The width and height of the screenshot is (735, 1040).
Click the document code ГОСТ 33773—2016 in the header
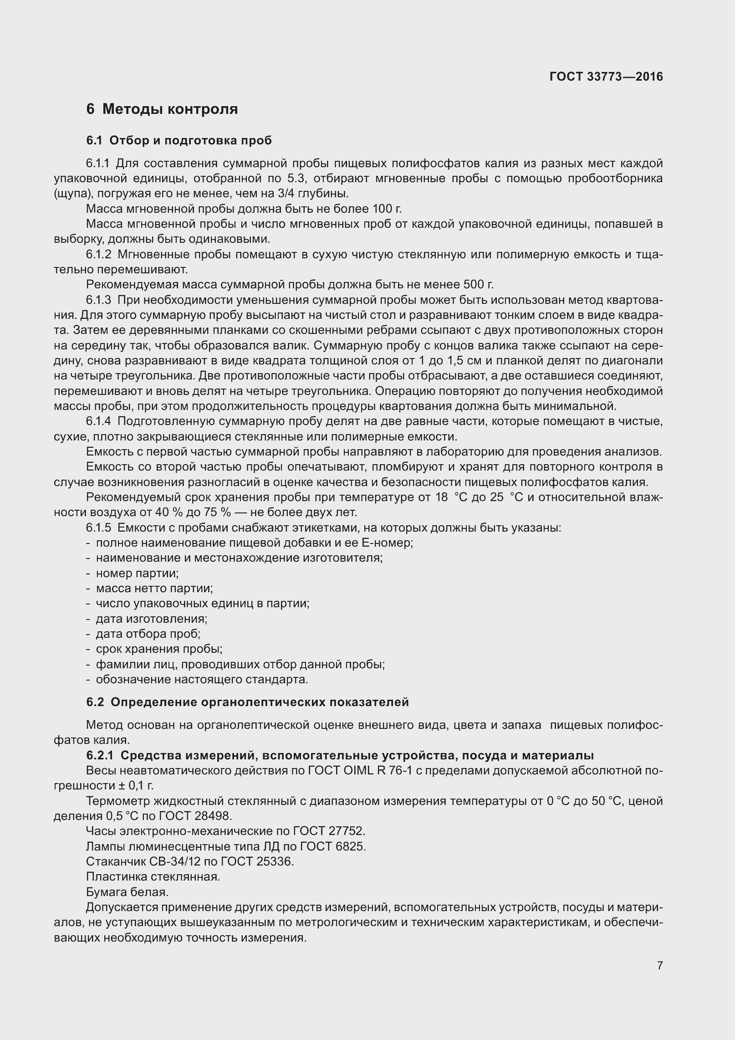pyautogui.click(x=606, y=77)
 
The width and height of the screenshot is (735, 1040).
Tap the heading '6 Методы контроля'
pyautogui.click(x=162, y=109)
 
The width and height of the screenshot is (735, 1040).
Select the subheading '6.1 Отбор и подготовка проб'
pyautogui.click(x=179, y=140)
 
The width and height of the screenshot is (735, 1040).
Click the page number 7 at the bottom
pyautogui.click(x=660, y=978)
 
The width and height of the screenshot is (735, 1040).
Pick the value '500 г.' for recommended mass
pyautogui.click(x=478, y=285)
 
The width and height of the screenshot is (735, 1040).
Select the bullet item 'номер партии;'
pyautogui.click(x=137, y=573)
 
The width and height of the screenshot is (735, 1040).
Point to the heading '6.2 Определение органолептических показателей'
pyautogui.click(x=247, y=702)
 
